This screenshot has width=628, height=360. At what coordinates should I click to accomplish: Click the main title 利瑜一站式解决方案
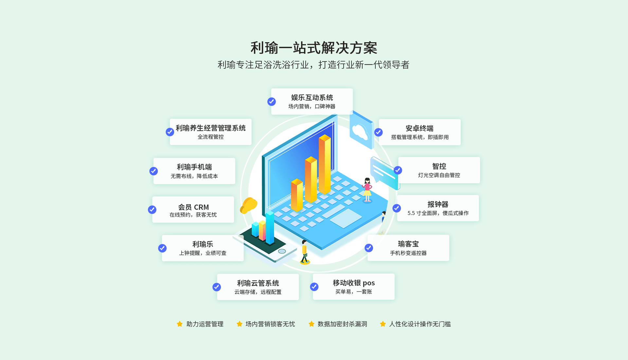(x=314, y=48)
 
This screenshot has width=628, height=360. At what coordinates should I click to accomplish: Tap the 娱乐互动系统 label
(x=312, y=98)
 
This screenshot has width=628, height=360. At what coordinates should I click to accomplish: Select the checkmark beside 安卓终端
(x=378, y=132)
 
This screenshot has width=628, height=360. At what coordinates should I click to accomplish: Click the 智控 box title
(x=439, y=166)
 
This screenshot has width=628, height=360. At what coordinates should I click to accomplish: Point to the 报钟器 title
(x=438, y=204)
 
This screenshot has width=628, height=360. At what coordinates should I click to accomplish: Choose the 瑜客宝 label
(x=408, y=244)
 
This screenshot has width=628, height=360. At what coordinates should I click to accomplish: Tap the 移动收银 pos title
(x=354, y=283)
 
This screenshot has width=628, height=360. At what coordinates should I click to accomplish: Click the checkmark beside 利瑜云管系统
(x=217, y=287)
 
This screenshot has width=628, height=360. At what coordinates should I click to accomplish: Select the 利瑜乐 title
(x=203, y=244)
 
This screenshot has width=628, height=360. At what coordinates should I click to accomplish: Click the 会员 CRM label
(x=193, y=207)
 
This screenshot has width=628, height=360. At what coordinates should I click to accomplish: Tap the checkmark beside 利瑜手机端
(x=153, y=171)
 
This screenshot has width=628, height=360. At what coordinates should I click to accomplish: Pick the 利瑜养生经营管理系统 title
(x=211, y=128)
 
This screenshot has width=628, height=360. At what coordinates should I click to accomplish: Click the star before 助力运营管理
(x=180, y=324)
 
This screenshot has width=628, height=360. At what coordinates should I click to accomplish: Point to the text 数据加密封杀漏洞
(x=342, y=324)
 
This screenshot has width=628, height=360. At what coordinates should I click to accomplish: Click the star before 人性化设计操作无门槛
(x=383, y=324)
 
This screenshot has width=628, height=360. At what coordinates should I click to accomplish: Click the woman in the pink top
(x=367, y=190)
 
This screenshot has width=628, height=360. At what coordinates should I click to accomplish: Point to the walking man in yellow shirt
(x=305, y=252)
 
